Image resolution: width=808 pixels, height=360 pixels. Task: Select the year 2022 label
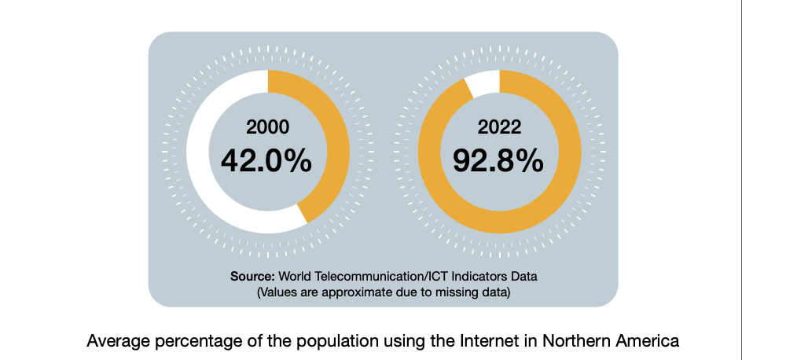[499, 127]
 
